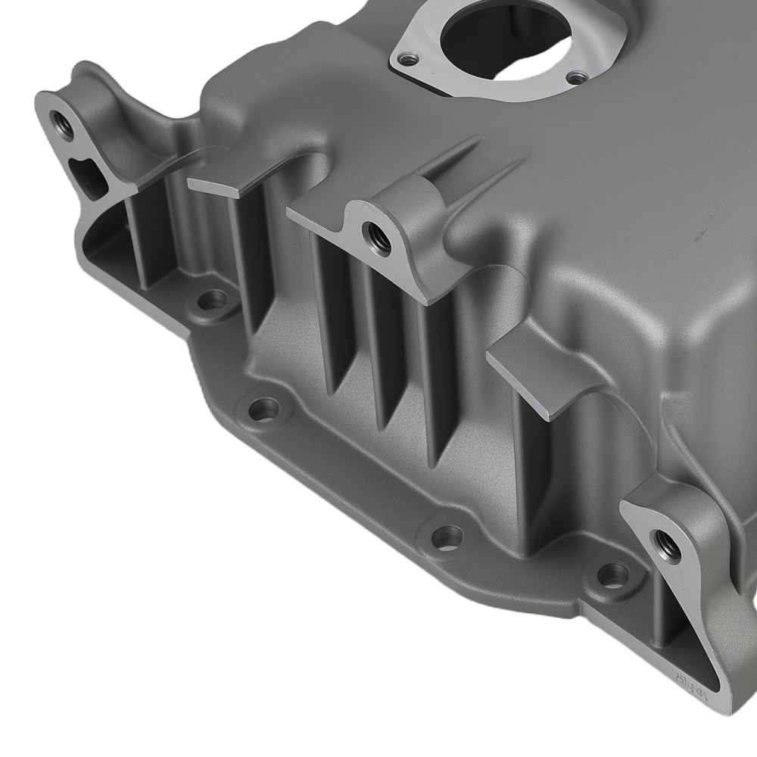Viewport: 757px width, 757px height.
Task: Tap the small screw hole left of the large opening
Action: point(409,58)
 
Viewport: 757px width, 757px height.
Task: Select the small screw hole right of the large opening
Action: point(577,77)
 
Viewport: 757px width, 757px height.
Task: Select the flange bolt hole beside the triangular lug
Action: point(612,574)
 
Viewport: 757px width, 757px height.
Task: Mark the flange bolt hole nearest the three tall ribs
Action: point(263,410)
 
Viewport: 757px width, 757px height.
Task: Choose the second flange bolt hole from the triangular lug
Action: point(447,537)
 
